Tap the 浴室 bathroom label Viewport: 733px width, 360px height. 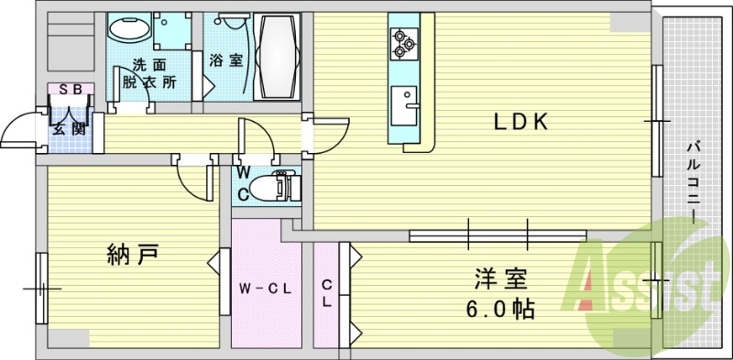tap(224, 61)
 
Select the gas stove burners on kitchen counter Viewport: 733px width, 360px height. tap(403, 41)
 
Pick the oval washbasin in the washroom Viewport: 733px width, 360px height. tap(127, 30)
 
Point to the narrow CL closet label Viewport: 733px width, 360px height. tap(327, 295)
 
